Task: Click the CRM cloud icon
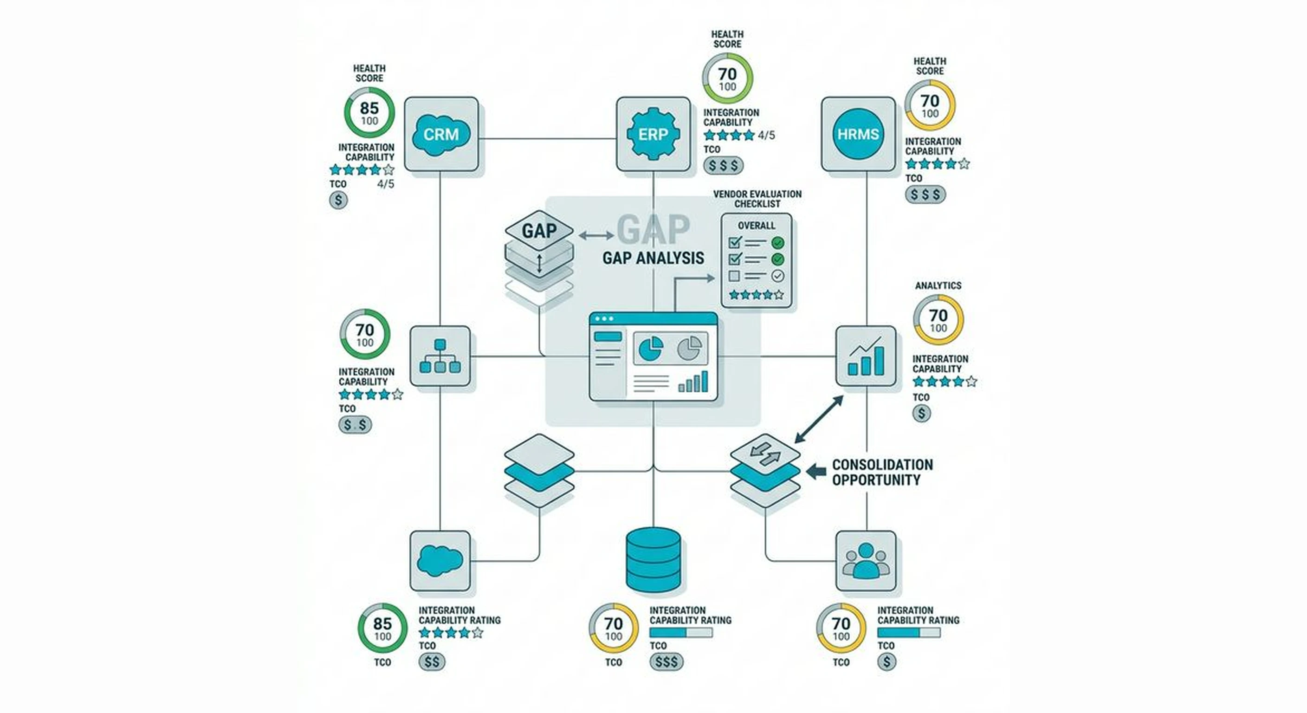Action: point(441,135)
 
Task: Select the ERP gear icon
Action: point(653,135)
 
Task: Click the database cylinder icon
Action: point(653,560)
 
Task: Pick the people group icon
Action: point(866,561)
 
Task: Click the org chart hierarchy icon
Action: point(440,356)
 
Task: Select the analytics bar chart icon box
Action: point(866,356)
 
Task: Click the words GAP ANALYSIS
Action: point(653,258)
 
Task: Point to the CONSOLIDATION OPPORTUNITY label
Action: point(882,472)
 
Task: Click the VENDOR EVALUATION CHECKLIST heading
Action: point(757,198)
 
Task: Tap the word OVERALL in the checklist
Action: point(756,225)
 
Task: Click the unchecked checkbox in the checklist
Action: point(734,276)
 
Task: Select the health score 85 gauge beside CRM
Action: point(369,113)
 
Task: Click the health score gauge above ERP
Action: point(727,78)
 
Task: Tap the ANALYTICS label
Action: point(938,285)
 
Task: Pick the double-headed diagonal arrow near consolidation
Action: point(819,419)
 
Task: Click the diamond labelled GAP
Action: point(539,231)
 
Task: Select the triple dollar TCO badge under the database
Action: point(666,661)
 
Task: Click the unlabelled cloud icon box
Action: point(440,561)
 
